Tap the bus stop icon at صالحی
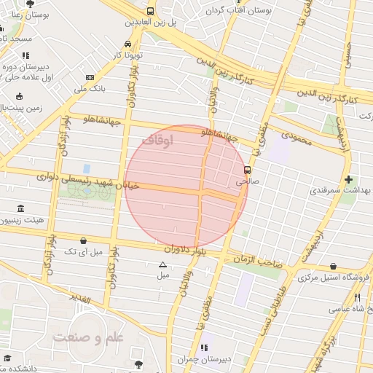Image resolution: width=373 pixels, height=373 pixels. click(247, 170)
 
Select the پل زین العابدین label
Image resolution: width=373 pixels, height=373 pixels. click(150, 23)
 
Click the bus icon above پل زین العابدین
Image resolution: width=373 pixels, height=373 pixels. click(150, 11)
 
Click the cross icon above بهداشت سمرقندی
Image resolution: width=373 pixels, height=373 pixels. click(348, 178)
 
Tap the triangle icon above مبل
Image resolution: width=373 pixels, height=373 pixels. click(162, 264)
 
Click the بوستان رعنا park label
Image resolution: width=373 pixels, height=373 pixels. click(29, 14)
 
